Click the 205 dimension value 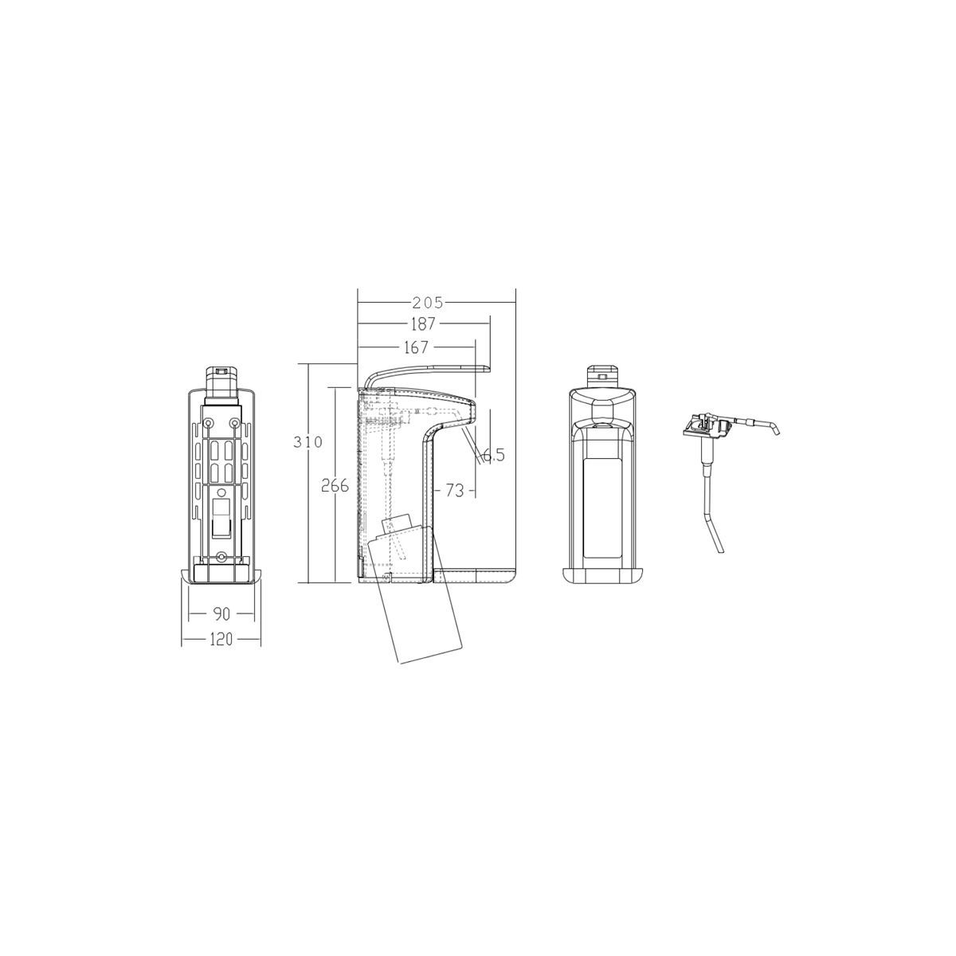pos(427,302)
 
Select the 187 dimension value pos(423,324)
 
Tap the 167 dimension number pos(415,347)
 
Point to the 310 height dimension pos(308,441)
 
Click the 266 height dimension pos(335,486)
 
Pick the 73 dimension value pos(454,490)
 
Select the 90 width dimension pos(221,613)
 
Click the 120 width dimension pos(221,639)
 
